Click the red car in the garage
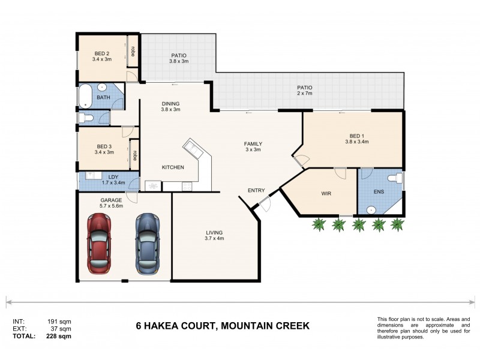pos(100,243)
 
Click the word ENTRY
pos(256,191)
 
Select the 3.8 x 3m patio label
pos(178,58)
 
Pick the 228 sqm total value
pos(59,337)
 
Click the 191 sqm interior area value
pos(59,322)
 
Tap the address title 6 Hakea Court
pos(223,326)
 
